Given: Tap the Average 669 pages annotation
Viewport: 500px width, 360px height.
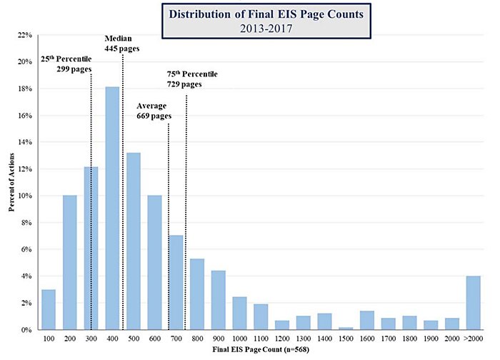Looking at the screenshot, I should click(154, 111).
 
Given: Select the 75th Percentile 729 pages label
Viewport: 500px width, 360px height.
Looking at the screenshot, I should click(191, 79).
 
